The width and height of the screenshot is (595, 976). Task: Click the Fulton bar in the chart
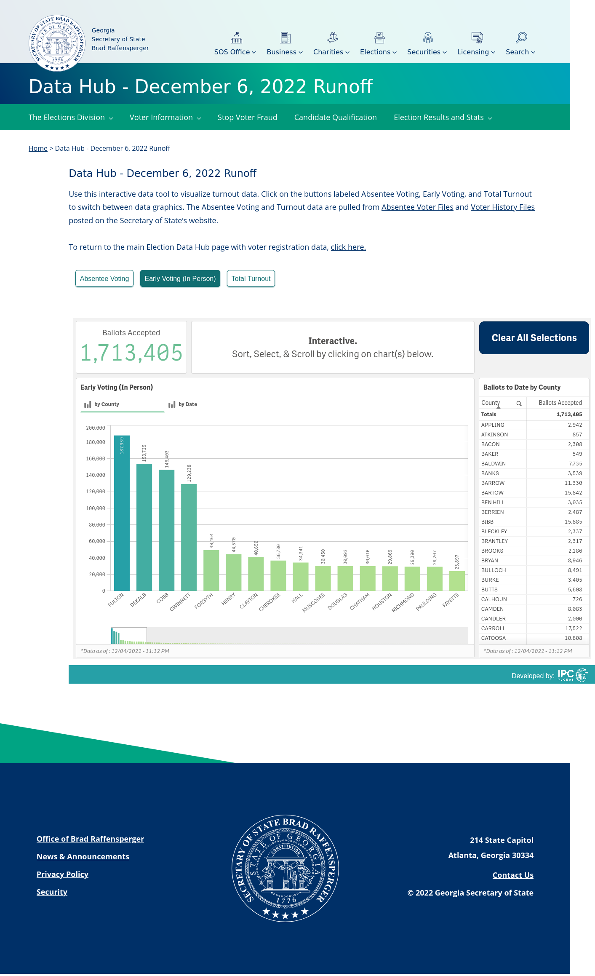pyautogui.click(x=122, y=513)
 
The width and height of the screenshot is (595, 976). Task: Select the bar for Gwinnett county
pyautogui.click(x=189, y=537)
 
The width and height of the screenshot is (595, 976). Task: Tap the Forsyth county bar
pyautogui.click(x=211, y=570)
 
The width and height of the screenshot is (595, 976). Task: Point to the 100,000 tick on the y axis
pyautogui.click(x=96, y=508)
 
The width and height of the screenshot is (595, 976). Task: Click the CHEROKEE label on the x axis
pyautogui.click(x=269, y=602)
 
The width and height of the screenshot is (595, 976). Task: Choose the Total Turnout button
pyautogui.click(x=251, y=278)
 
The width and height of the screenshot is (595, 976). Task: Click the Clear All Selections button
pyautogui.click(x=534, y=338)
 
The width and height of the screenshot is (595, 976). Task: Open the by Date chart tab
pyautogui.click(x=183, y=404)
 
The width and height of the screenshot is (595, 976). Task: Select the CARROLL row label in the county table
pyautogui.click(x=493, y=628)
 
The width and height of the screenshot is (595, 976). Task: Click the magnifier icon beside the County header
pyautogui.click(x=519, y=404)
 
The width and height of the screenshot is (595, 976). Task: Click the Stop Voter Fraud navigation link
pyautogui.click(x=247, y=118)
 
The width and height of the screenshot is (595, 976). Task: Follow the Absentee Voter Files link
pyautogui.click(x=417, y=207)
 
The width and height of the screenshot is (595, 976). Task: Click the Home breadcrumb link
pyautogui.click(x=38, y=148)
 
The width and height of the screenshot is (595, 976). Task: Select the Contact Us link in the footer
pyautogui.click(x=513, y=875)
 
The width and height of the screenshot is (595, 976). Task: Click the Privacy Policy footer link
pyautogui.click(x=62, y=874)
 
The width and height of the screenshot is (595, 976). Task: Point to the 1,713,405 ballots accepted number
pyautogui.click(x=131, y=353)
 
